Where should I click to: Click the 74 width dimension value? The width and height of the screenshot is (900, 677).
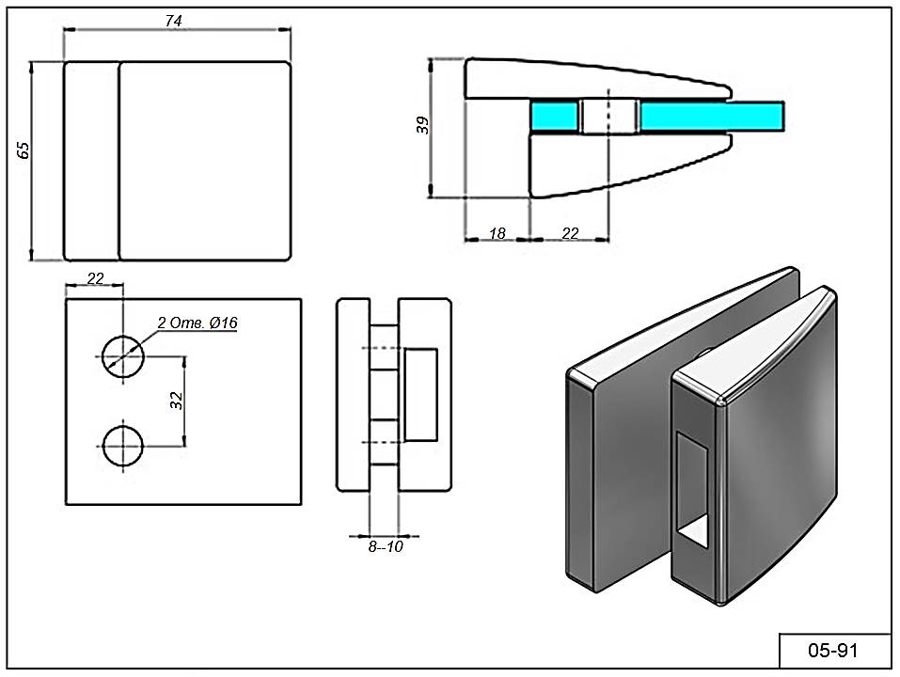pyautogui.click(x=173, y=21)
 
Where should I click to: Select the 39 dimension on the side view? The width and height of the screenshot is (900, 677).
pyautogui.click(x=422, y=125)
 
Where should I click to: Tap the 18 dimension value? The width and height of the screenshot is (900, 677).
pyautogui.click(x=497, y=233)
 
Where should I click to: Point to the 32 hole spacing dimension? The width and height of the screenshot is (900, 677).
pyautogui.click(x=175, y=400)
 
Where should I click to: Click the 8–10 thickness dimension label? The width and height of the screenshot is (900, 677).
pyautogui.click(x=385, y=546)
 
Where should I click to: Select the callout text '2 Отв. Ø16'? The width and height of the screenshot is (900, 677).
pyautogui.click(x=197, y=323)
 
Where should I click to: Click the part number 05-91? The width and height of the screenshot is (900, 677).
pyautogui.click(x=834, y=650)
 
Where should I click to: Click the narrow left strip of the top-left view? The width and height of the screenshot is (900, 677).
pyautogui.click(x=91, y=160)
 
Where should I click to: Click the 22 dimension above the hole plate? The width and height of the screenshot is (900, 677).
pyautogui.click(x=95, y=277)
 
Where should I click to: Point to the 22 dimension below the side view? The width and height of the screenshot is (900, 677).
pyautogui.click(x=570, y=233)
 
